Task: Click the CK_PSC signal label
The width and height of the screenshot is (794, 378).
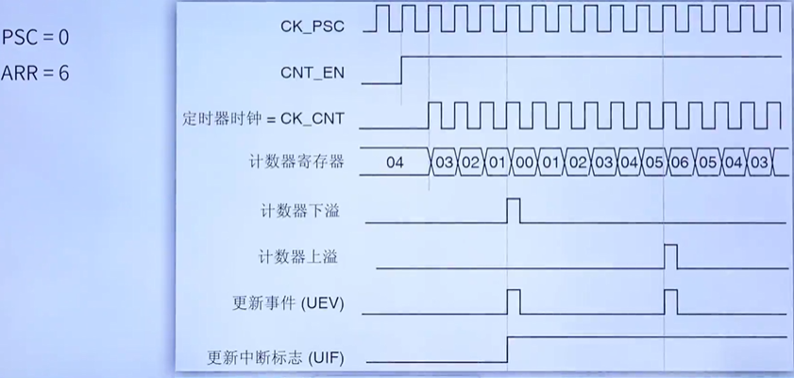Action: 312,25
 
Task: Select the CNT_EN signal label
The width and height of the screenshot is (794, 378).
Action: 313,71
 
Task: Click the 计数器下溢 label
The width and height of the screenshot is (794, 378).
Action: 300,210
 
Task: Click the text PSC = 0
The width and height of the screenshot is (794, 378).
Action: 35,38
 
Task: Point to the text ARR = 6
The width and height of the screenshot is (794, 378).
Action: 35,73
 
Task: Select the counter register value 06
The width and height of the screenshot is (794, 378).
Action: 680,163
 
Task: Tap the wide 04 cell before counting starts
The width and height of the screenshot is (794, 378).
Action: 395,163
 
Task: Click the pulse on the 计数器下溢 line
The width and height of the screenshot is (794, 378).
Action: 514,210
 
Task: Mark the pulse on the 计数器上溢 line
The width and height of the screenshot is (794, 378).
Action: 670,255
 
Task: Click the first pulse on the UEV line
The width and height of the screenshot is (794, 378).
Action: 514,302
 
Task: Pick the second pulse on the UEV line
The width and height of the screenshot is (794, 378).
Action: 670,302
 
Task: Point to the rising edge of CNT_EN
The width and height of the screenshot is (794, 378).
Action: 402,70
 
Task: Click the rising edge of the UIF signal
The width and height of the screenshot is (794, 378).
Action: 508,349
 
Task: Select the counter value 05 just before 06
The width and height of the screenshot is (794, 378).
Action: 654,163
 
